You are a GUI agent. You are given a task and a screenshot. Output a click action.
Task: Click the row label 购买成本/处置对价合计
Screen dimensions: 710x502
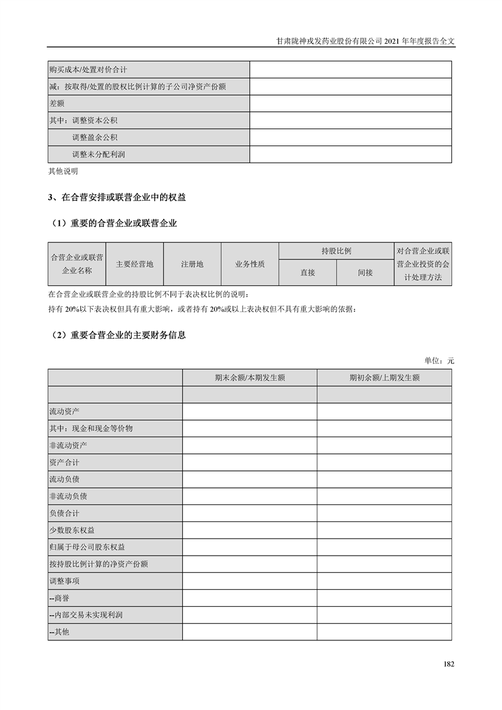point(88,70)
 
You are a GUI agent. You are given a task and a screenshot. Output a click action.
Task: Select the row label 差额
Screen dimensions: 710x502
point(57,103)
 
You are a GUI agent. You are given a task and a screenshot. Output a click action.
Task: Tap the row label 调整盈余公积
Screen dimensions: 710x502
point(94,137)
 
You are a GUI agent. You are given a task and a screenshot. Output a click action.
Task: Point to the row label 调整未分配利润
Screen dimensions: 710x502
point(98,154)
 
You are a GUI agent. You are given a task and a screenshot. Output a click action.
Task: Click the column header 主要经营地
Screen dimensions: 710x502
point(135,265)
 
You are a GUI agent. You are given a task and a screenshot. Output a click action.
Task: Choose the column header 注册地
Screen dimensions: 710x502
point(192,265)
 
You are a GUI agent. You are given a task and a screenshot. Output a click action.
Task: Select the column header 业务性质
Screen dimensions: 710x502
point(250,265)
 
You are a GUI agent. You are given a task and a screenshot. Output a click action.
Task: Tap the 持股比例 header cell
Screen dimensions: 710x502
point(336,251)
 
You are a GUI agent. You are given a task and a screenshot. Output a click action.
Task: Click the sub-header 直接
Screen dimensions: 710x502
point(308,273)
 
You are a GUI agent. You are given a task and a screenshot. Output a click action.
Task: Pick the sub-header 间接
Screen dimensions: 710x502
point(365,273)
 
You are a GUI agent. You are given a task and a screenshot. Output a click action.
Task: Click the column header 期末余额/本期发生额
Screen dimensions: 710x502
point(249,378)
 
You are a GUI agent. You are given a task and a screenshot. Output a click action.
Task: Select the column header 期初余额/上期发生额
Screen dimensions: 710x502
point(384,378)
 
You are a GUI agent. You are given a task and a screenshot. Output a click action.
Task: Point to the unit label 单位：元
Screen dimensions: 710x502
point(439,361)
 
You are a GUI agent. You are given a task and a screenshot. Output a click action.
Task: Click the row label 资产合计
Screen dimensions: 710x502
point(64,463)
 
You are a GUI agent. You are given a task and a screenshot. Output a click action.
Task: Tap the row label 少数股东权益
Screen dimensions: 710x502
point(72,530)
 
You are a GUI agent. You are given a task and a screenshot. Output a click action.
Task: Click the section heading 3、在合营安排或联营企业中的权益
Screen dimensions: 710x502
point(117,197)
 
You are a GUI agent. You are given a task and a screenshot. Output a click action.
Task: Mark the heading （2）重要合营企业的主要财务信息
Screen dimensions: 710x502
point(117,335)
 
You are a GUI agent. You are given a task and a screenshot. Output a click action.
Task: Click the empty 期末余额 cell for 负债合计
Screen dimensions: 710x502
point(249,513)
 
